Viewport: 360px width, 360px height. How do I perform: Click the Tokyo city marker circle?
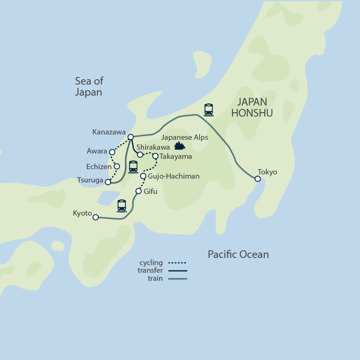point(258,179)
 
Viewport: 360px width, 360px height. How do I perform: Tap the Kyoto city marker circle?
point(96,217)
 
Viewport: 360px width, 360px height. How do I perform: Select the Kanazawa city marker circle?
point(130,137)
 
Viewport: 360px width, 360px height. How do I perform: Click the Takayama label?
point(176,156)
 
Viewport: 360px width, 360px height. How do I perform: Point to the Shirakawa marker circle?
point(140,155)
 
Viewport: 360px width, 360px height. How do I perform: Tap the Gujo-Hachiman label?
point(168,176)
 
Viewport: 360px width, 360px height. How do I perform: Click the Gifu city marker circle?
point(138,191)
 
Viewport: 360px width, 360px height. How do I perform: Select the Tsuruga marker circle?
point(108,182)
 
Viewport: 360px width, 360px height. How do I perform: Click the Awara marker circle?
point(112,152)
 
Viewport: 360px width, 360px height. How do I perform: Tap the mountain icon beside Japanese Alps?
point(179,145)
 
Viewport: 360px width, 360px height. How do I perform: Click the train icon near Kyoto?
point(122,206)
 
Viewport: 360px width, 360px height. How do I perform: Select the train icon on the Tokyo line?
point(208,110)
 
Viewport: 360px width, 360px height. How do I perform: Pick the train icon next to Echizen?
point(133,167)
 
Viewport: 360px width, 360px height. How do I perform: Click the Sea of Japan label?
point(89,86)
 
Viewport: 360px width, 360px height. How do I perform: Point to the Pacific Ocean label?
point(238,254)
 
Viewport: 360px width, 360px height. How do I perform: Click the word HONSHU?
point(252,113)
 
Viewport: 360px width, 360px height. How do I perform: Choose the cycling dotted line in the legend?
point(177,263)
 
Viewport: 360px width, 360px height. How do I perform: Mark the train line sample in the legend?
point(177,278)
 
